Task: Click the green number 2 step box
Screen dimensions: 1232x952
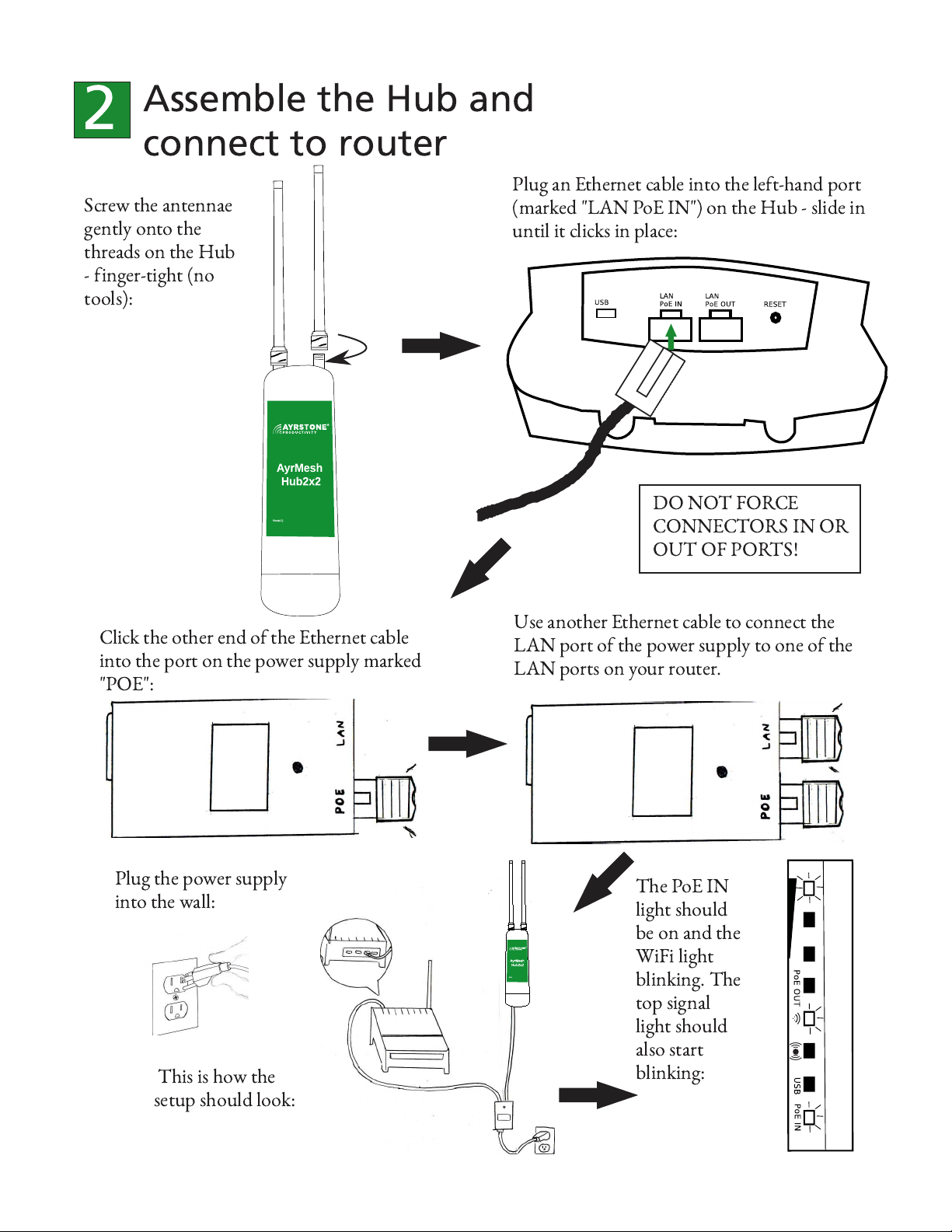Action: click(x=102, y=110)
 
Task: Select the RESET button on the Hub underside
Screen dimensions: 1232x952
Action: click(x=775, y=317)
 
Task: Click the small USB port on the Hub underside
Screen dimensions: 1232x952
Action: click(x=605, y=313)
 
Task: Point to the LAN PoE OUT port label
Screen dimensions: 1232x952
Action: click(x=720, y=300)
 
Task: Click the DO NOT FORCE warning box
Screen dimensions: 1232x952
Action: click(x=749, y=529)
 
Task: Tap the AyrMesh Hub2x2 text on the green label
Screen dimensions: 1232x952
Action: click(x=300, y=475)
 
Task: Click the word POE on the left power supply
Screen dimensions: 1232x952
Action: click(x=340, y=801)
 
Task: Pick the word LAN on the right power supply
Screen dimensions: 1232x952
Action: click(x=766, y=736)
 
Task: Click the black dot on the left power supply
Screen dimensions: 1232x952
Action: click(x=298, y=768)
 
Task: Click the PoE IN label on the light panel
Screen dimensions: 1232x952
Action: click(x=797, y=1117)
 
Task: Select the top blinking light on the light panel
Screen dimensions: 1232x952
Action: click(x=809, y=887)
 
